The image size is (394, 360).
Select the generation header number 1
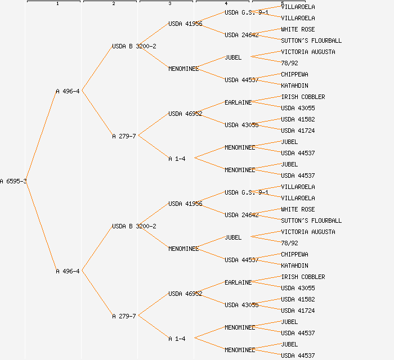click(x=57, y=4)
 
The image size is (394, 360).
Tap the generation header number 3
click(x=170, y=4)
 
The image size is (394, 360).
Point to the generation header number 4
click(x=226, y=4)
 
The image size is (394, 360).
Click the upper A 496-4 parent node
click(x=68, y=91)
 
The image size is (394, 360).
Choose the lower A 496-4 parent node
click(x=68, y=271)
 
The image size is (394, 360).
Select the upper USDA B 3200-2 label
click(x=134, y=46)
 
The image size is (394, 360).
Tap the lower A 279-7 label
click(x=124, y=316)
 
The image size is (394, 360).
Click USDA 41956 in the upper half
click(x=185, y=24)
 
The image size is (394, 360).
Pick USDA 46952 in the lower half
click(x=185, y=294)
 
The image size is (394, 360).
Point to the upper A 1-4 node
click(x=177, y=159)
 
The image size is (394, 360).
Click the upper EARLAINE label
click(x=238, y=102)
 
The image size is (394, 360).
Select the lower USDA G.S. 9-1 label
click(x=247, y=192)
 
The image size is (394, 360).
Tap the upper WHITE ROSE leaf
click(x=298, y=29)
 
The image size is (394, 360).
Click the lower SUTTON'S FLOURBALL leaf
click(x=311, y=220)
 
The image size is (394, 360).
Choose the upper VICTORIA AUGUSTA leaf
click(x=308, y=52)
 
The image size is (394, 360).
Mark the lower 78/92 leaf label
click(x=289, y=243)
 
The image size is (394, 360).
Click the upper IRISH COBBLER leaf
click(x=303, y=97)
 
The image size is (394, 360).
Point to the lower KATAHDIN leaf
click(x=294, y=265)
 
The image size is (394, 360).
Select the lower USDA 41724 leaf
click(x=298, y=310)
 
